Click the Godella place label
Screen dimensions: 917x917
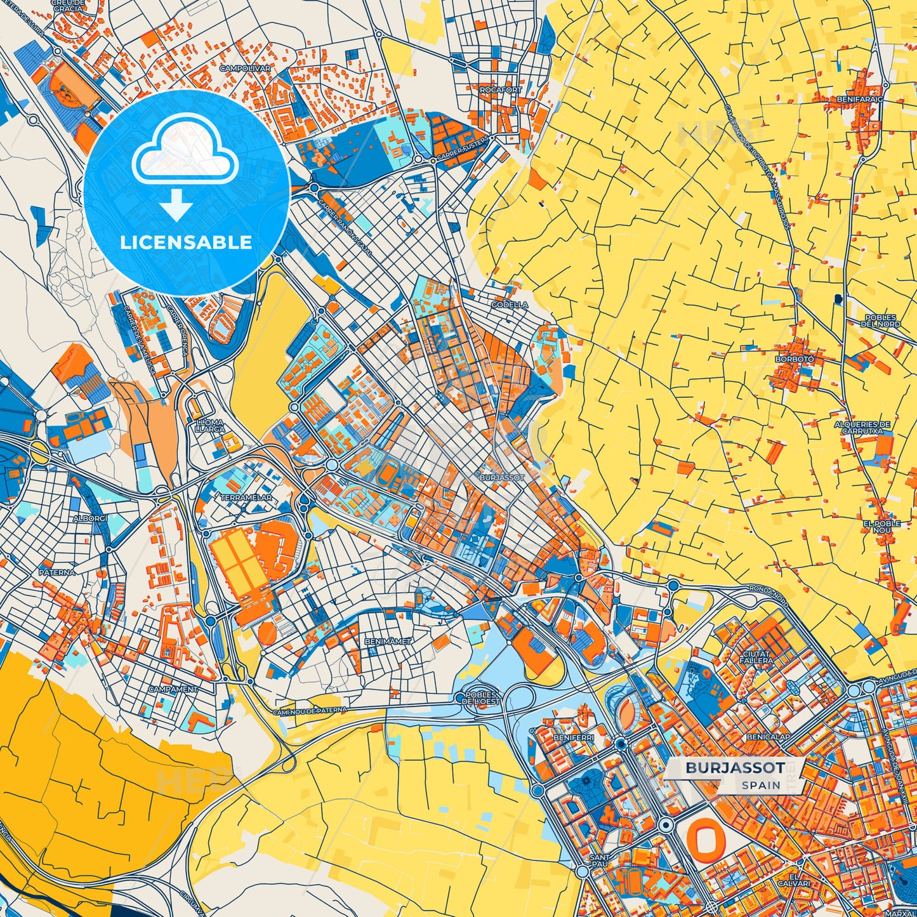(510, 305)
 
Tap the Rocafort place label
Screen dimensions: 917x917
(500, 90)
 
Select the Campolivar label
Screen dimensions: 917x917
(245, 68)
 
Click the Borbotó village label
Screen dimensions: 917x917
(794, 359)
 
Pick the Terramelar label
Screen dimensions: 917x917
(246, 498)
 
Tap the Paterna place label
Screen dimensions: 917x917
(57, 572)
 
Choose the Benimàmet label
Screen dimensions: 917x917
(388, 642)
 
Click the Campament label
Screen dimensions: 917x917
(173, 689)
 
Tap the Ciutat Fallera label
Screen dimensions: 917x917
(756, 657)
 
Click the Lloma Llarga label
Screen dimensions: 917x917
(209, 425)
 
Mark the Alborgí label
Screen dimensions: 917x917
(91, 518)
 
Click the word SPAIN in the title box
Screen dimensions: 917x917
(761, 785)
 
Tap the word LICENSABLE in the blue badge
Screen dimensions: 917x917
(186, 242)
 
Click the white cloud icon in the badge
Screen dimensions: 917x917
(185, 151)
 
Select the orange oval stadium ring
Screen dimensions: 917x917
(705, 838)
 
